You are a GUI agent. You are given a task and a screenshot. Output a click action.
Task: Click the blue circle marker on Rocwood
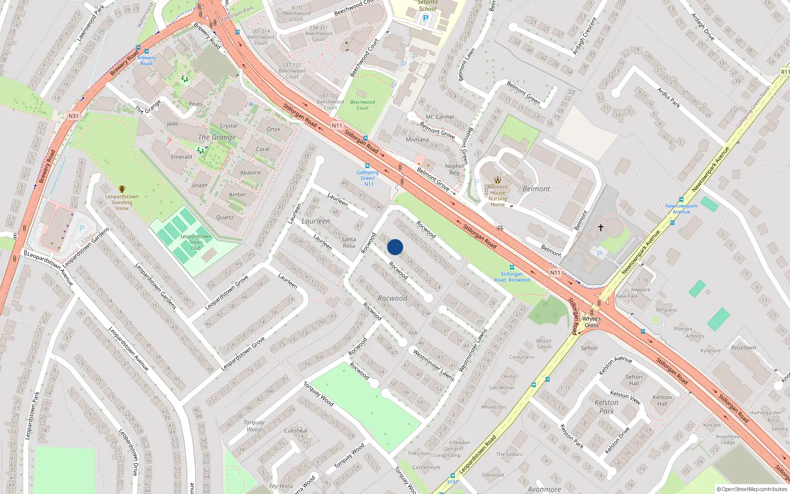pos(395,247)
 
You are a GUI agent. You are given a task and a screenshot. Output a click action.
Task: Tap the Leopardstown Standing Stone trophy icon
pos(122,189)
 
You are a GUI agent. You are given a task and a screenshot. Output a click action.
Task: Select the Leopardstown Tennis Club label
pos(196,242)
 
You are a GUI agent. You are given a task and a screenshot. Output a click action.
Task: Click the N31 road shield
pos(74,116)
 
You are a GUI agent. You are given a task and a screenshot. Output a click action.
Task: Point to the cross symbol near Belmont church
pos(601,228)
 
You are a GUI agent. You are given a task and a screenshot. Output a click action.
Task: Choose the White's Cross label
pos(592,322)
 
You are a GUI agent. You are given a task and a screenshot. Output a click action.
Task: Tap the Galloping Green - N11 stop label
pos(367,178)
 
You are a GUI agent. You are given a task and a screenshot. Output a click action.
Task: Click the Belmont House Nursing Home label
pos(498,196)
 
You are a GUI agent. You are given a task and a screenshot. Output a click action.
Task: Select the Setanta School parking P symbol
pos(426,19)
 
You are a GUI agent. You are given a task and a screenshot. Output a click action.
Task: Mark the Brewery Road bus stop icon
pos(146,50)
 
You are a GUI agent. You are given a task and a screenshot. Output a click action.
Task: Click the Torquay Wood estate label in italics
pos(254,426)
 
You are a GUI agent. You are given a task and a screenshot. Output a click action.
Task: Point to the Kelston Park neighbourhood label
pos(606,407)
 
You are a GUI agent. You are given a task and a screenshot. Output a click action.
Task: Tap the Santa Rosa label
pos(349,242)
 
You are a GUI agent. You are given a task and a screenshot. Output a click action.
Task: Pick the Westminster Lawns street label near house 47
pos(434,366)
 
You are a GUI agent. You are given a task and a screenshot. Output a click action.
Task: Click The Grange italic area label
pos(217,137)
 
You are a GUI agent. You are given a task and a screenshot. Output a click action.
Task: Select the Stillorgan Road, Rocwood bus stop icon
pos(512,267)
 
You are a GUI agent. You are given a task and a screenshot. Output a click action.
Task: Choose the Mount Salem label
pos(544,344)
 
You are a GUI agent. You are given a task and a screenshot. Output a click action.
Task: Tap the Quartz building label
pos(225,217)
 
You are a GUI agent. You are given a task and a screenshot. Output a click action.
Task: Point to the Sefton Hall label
pos(634,380)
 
